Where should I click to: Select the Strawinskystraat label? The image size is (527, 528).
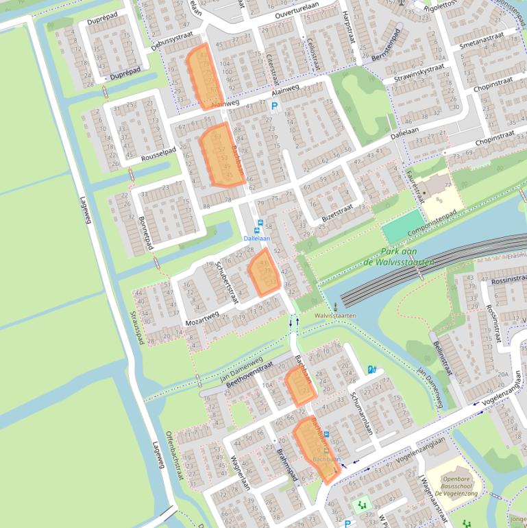pos(419,74)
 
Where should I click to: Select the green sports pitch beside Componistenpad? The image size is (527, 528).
pos(403,227)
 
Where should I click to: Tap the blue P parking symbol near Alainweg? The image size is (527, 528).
pos(275,106)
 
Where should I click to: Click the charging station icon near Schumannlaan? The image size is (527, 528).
pos(371,370)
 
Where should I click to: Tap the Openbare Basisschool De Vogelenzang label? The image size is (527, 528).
pos(460,483)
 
